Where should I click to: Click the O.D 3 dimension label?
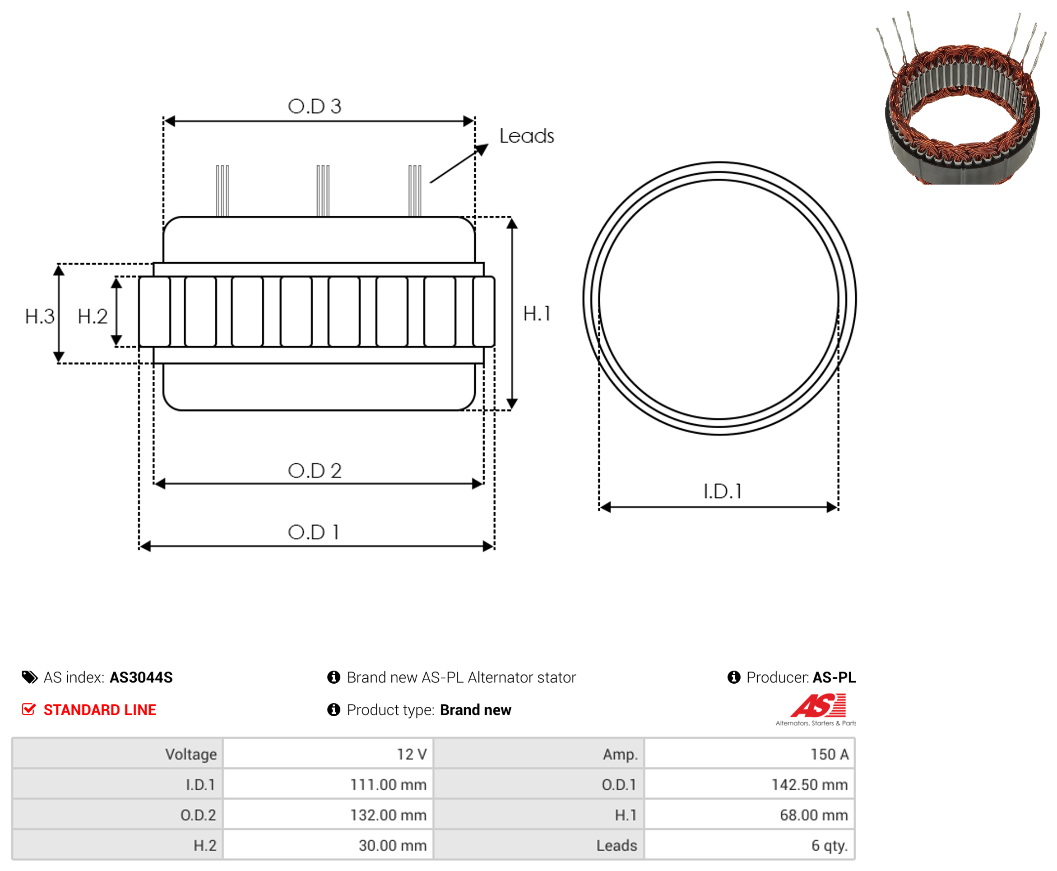(315, 106)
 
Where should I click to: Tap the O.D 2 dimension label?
(315, 470)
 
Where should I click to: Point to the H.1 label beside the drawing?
(537, 314)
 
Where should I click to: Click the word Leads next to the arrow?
(527, 136)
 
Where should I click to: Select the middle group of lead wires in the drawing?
(323, 190)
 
